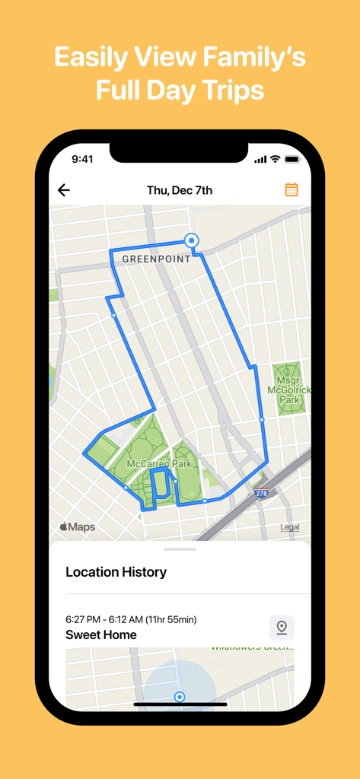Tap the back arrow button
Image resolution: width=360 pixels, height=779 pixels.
tap(64, 190)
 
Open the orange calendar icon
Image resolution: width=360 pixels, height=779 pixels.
tap(292, 189)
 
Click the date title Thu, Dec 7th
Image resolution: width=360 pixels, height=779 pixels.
tap(180, 190)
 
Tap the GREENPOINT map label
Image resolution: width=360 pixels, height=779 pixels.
tap(157, 259)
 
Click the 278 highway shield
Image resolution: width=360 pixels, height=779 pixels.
tap(262, 494)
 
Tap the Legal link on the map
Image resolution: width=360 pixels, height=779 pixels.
tap(289, 527)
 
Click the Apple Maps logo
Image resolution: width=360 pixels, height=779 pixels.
tap(78, 527)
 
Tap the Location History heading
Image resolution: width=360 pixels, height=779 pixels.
tap(116, 572)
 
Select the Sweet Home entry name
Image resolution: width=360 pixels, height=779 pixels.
tap(101, 634)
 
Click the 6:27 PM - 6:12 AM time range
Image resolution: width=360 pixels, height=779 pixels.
tap(131, 619)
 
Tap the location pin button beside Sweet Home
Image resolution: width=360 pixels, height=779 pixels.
tap(282, 628)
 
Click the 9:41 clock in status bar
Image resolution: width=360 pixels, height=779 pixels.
tap(82, 159)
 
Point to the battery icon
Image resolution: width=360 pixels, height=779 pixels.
tap(292, 159)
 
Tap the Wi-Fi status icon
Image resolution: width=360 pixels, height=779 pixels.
tap(275, 159)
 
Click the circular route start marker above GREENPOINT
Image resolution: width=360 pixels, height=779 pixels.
tap(193, 240)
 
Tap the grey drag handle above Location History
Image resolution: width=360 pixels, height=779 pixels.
tap(180, 549)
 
